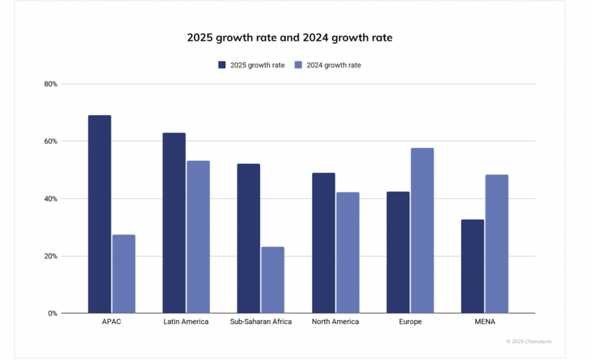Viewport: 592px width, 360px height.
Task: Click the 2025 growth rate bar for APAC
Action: (99, 214)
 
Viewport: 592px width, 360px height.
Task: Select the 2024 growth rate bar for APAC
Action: (124, 274)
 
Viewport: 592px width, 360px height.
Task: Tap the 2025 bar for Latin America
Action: (174, 223)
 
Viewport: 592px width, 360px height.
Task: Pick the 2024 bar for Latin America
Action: (198, 237)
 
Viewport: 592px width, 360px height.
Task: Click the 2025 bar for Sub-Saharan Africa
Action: (249, 239)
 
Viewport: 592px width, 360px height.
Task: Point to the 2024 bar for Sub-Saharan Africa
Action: (273, 280)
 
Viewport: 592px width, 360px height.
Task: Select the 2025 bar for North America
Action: (323, 243)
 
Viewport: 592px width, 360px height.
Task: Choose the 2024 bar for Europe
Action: (422, 231)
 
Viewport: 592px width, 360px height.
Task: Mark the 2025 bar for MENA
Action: (472, 266)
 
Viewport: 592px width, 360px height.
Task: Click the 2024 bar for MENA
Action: (497, 244)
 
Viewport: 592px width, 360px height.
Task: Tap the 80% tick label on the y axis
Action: (50, 84)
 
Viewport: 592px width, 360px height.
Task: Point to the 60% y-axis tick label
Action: (50, 141)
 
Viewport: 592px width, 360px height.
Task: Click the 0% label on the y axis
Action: (52, 313)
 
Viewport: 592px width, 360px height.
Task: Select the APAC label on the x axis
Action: (112, 322)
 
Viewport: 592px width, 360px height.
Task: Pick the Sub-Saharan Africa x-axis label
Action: (261, 322)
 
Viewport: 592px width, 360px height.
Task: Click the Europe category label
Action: (410, 322)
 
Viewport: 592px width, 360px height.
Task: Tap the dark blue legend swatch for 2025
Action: (222, 65)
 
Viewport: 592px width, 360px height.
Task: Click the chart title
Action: (290, 38)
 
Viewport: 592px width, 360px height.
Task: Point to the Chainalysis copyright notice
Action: (528, 342)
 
